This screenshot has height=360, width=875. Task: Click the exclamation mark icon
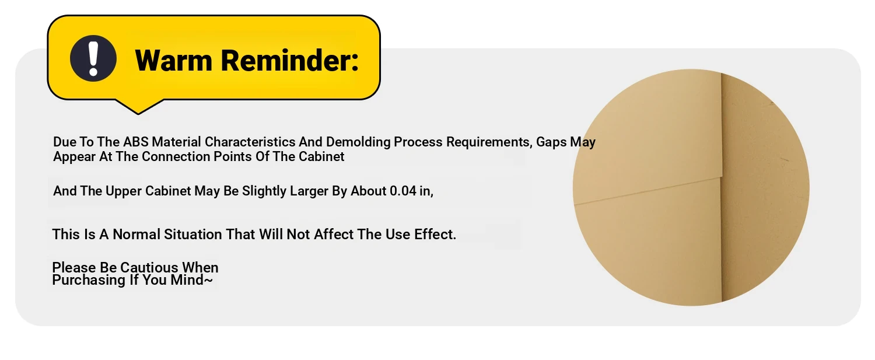coord(93,58)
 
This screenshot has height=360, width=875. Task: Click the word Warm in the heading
coord(173,61)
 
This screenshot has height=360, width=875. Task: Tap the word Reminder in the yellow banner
coord(289,61)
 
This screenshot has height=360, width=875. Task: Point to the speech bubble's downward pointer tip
coord(138,114)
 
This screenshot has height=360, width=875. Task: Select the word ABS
coord(135,142)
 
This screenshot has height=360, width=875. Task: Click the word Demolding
coord(358,142)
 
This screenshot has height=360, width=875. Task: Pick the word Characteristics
coord(250,142)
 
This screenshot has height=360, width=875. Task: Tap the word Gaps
coord(551,142)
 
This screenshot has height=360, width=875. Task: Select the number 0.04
coord(402,191)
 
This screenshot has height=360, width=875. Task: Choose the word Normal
coord(136,235)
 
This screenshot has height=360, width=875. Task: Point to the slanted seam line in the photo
coord(647,191)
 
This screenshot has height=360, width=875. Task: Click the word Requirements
coord(489,142)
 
